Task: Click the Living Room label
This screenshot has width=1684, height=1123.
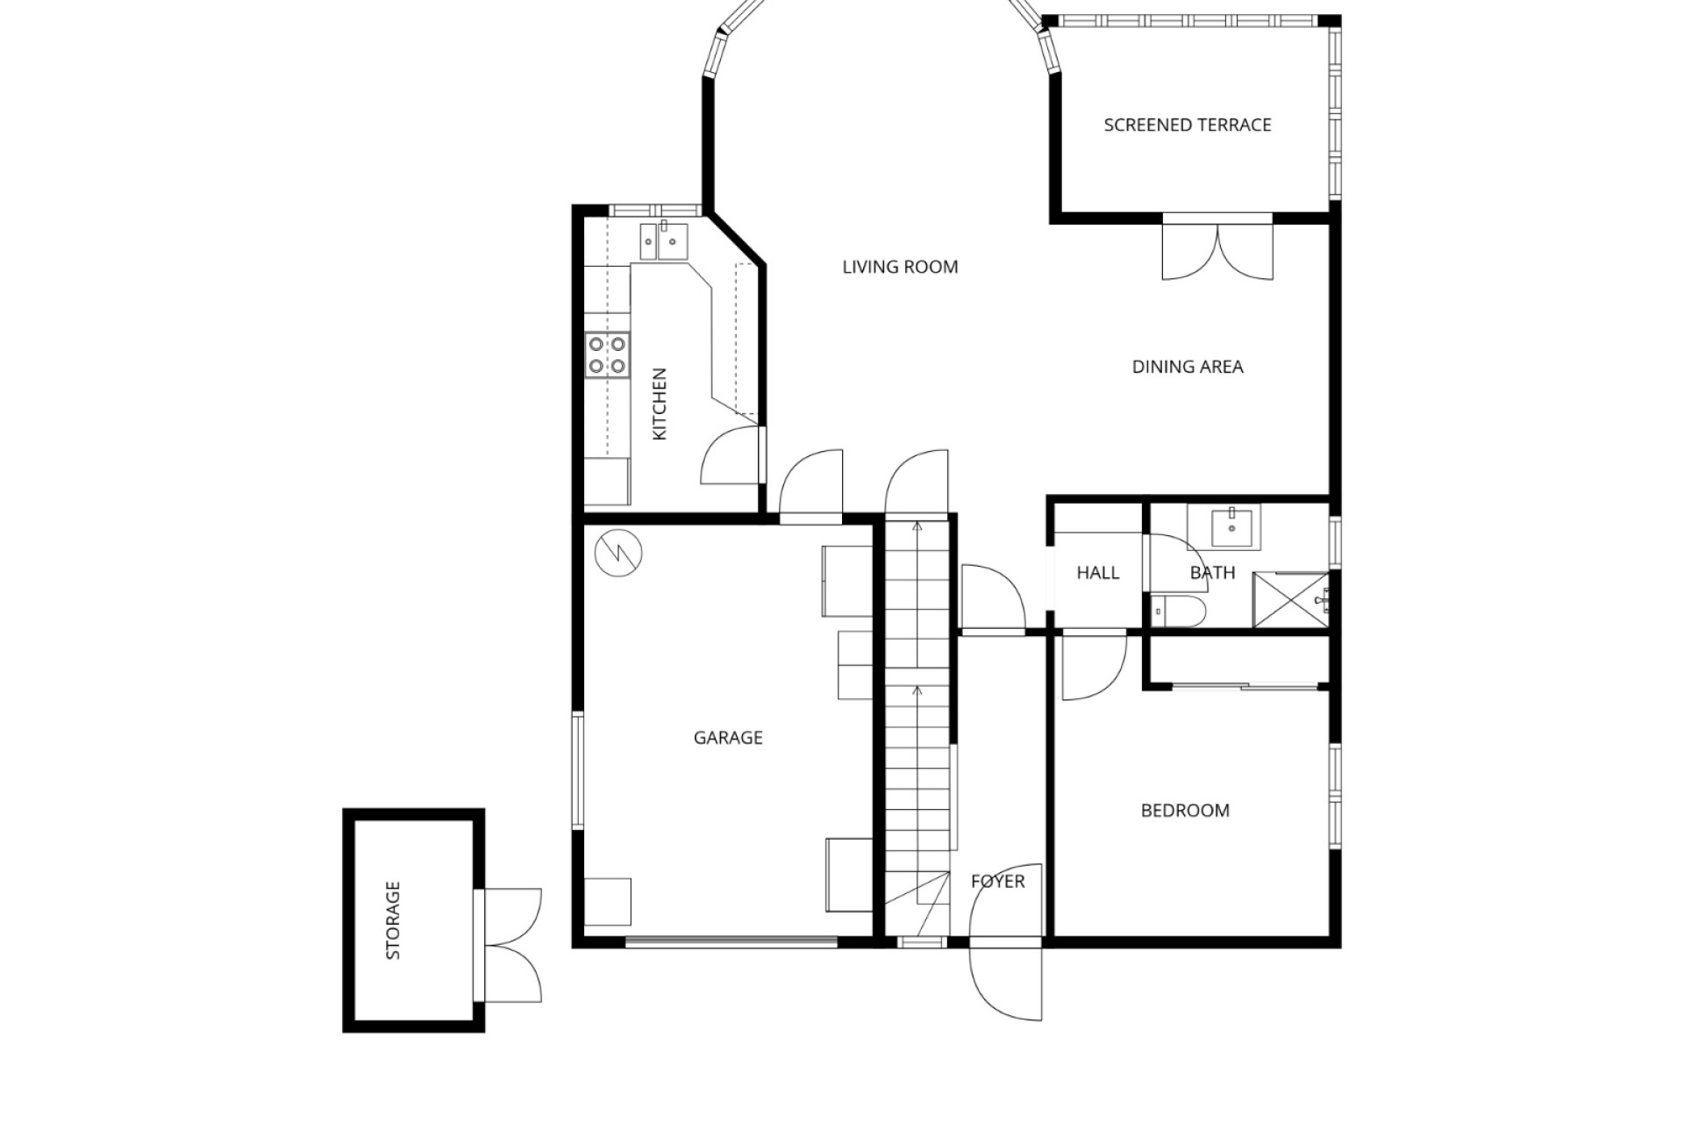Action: click(x=900, y=267)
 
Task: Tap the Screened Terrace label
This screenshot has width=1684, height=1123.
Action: click(x=1188, y=125)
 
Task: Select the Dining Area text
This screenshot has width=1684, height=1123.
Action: click(x=1188, y=367)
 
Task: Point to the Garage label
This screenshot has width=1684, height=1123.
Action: click(x=728, y=738)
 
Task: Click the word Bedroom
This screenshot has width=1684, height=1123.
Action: click(x=1185, y=811)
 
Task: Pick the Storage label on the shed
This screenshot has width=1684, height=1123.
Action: click(x=393, y=920)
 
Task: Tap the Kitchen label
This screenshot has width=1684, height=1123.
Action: click(x=660, y=404)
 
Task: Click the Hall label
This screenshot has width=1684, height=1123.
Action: click(x=1098, y=573)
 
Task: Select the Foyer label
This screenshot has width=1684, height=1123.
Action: click(x=998, y=881)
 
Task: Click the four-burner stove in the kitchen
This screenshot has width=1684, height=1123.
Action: click(x=607, y=354)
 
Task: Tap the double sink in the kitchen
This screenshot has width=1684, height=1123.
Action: click(x=664, y=241)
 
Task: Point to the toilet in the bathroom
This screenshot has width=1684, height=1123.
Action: click(x=1180, y=610)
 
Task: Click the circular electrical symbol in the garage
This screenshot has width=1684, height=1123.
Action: click(x=618, y=553)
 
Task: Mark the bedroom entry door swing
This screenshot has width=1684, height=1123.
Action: click(x=1094, y=665)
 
